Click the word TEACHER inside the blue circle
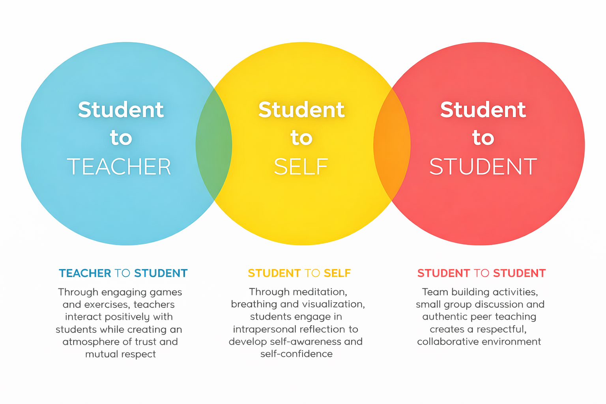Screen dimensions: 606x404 tap(119, 167)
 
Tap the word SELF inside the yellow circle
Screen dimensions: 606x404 tap(301, 167)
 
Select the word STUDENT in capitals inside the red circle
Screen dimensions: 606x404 tap(483, 167)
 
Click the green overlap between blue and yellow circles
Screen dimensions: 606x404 tap(214, 144)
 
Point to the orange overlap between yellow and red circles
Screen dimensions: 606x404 tap(392, 144)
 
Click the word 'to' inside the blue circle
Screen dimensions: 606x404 tap(121, 138)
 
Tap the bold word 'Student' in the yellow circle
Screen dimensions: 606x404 tap(301, 110)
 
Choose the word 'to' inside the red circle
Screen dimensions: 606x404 tap(483, 138)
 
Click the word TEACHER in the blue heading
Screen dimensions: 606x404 tap(85, 273)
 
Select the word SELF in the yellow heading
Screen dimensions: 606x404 tap(337, 273)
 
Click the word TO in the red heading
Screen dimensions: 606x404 tap(481, 273)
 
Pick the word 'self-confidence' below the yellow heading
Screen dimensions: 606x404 tap(296, 354)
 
